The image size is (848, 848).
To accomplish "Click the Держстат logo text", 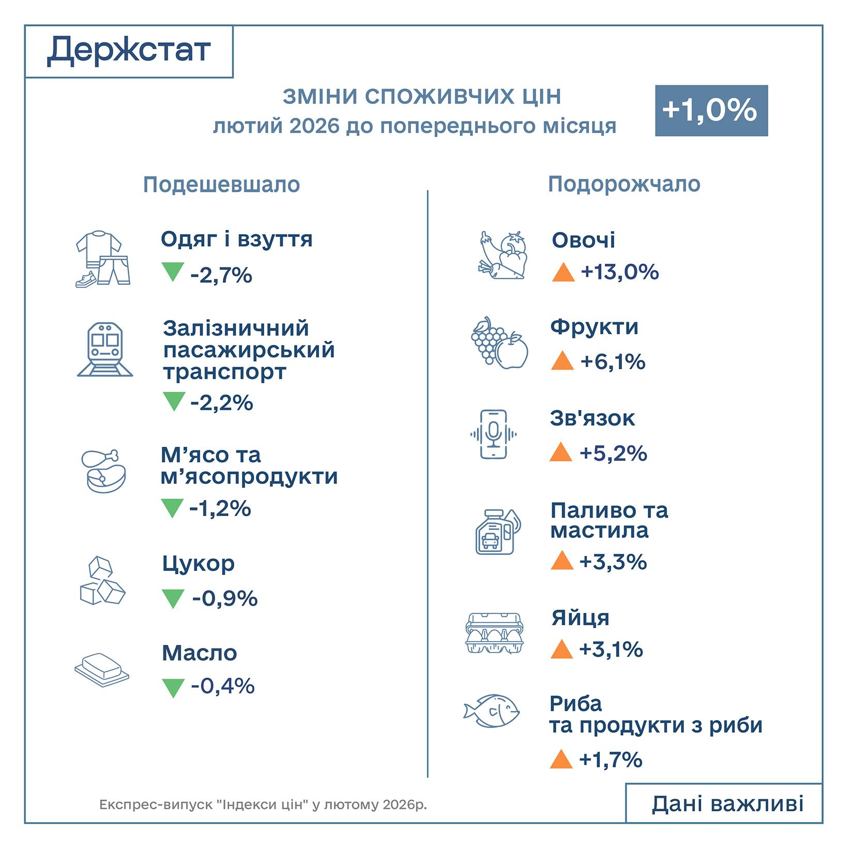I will click(x=129, y=51).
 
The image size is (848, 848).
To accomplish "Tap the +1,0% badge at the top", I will click(x=711, y=111).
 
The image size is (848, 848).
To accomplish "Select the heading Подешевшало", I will click(x=221, y=185).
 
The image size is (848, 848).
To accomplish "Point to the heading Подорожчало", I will click(x=624, y=184).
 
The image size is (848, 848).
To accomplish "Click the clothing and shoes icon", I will click(x=102, y=259).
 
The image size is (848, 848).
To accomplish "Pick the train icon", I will click(x=105, y=350).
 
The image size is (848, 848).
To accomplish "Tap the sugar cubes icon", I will click(x=102, y=581).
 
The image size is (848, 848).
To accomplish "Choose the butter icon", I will click(x=102, y=669).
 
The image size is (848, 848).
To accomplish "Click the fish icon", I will click(x=491, y=711).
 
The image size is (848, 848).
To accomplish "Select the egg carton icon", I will click(x=494, y=633).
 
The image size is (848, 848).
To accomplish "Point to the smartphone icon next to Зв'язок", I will click(x=493, y=434).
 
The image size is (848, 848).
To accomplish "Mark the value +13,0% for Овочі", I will click(x=619, y=272).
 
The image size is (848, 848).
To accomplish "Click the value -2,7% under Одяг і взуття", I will click(x=221, y=275).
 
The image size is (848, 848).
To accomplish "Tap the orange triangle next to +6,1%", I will click(x=563, y=361).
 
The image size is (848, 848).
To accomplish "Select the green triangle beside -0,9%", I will click(x=173, y=599).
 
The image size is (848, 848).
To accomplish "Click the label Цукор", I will click(x=198, y=564).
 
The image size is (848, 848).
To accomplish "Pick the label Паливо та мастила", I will click(x=609, y=520).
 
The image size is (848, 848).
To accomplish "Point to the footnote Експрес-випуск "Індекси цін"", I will click(x=263, y=805).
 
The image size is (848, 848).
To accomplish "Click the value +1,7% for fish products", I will click(x=611, y=760).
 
